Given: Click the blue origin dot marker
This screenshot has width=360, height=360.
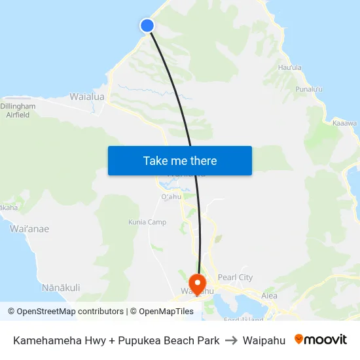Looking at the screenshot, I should pos(147,26).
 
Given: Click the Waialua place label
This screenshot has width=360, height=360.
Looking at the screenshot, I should pos(87,97).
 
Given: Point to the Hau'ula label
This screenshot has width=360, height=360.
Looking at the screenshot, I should pos(290,67).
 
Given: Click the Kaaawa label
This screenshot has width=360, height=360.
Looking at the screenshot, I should pos(344,123).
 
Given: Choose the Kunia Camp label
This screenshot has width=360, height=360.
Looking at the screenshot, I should pos(148,223).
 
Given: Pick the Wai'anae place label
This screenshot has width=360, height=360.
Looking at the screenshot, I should pos(29,229).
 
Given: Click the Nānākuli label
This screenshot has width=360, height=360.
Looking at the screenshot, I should pos(61,287).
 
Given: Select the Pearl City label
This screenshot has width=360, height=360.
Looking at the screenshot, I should pos(235,278).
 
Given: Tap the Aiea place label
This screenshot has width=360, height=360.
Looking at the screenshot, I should pos(269,296).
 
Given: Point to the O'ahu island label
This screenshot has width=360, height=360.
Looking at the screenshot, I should pos(170,197).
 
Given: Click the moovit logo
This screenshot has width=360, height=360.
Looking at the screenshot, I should pos(321,340).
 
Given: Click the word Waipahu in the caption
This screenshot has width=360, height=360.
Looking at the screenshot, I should pos(264,340).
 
